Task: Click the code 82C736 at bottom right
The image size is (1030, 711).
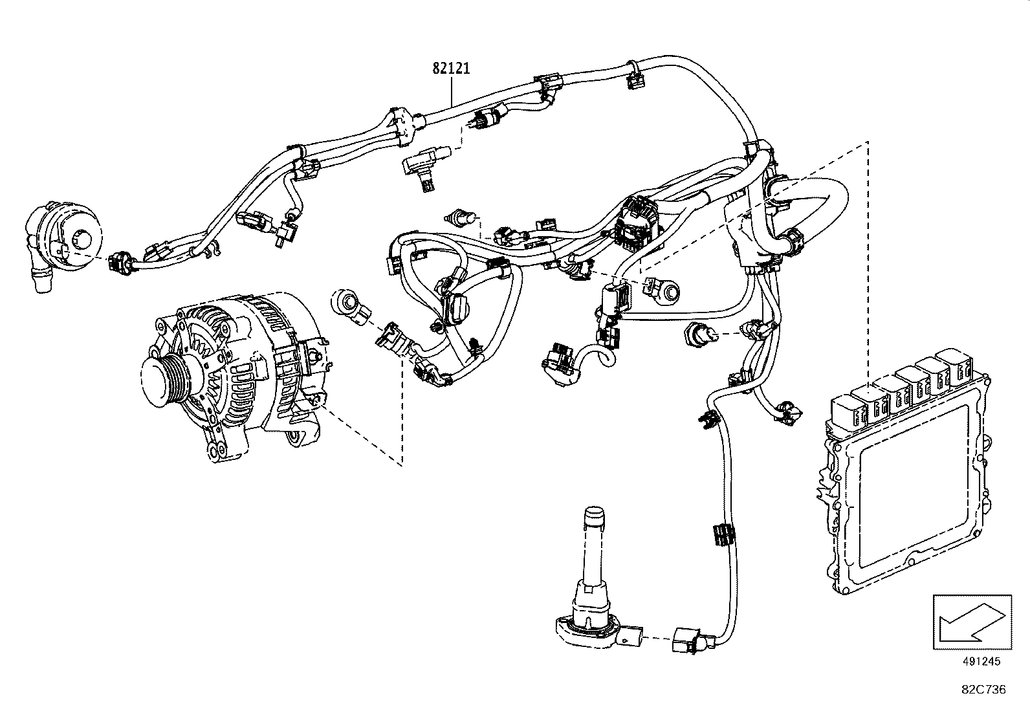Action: [983, 690]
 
